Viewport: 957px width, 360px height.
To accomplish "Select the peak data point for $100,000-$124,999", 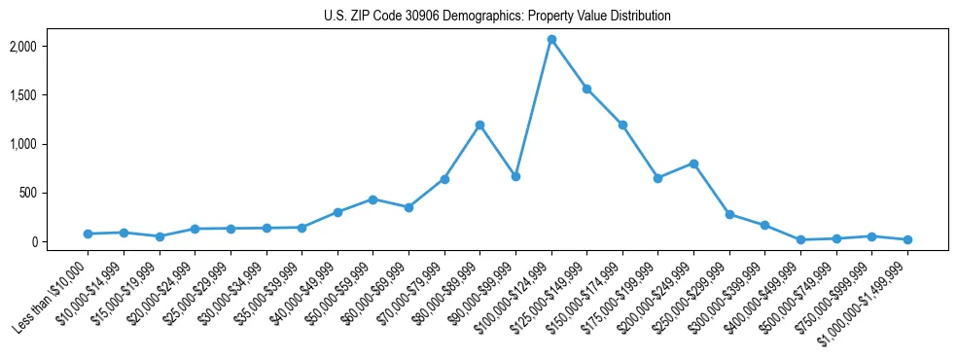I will tap(551, 40).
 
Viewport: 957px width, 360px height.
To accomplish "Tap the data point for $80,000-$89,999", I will tap(479, 125).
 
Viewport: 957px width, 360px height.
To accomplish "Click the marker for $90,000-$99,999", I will tap(515, 176).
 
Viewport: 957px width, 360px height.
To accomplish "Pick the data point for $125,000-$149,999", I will tap(586, 89).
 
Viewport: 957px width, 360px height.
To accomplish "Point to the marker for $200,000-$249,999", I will tap(693, 163).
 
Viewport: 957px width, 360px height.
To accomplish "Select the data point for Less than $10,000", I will tap(88, 234).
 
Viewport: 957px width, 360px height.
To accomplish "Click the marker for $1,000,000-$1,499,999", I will tap(907, 239).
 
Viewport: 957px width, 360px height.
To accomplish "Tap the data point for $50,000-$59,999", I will tap(372, 199).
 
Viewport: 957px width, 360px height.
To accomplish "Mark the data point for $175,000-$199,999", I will tap(657, 178).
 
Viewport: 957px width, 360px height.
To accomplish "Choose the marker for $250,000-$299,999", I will tap(729, 214).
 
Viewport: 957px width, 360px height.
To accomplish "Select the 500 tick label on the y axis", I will tap(54, 193).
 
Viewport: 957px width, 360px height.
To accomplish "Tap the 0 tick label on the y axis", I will tap(60, 241).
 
